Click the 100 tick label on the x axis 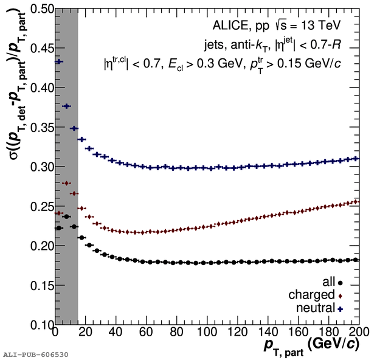207,333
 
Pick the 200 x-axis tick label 358,333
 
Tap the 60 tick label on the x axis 147,333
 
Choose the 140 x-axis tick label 268,333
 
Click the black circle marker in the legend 341,283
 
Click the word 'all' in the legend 329,282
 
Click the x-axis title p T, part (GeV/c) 310,345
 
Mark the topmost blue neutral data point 59,61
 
